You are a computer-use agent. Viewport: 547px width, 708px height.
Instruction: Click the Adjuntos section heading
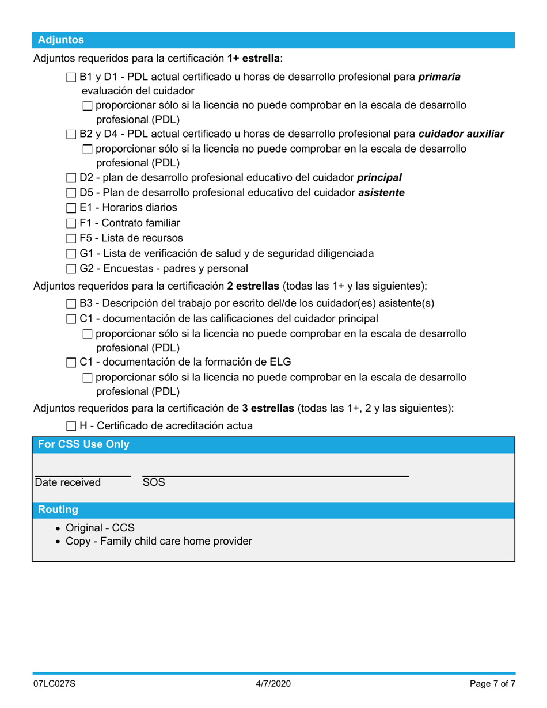[x=60, y=40]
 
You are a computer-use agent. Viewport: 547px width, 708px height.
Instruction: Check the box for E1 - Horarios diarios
[x=71, y=208]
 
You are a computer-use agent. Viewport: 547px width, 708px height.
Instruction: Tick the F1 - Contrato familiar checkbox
[x=71, y=223]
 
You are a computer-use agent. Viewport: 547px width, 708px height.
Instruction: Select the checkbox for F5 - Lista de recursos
[x=71, y=238]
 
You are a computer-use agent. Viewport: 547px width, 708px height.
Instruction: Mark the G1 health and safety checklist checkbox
[x=71, y=253]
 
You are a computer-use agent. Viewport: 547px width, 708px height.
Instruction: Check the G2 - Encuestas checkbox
[x=71, y=268]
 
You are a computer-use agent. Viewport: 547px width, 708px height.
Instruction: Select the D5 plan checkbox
[x=71, y=193]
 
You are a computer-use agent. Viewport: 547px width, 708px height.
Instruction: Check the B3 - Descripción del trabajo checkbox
[x=71, y=303]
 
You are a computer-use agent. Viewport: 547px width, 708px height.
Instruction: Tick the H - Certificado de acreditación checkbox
[x=71, y=427]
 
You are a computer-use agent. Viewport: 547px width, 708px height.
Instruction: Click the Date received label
[x=68, y=482]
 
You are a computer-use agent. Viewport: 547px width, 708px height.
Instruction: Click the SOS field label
[x=154, y=482]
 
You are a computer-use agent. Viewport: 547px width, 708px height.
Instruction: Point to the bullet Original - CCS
[x=96, y=528]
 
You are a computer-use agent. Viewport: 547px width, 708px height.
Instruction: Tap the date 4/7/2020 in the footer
[x=273, y=684]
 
